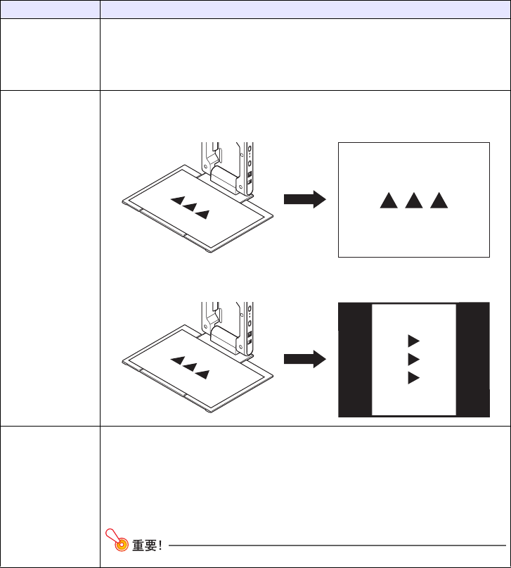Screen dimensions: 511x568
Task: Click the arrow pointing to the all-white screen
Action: (x=305, y=199)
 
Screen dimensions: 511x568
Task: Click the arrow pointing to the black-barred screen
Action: (x=305, y=359)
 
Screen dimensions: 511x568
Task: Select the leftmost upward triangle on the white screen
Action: (x=389, y=201)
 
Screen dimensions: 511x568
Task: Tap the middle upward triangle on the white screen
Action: (x=414, y=201)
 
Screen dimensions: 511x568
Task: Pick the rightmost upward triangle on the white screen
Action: (x=439, y=201)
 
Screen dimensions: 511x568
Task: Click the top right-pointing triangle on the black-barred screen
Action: (x=414, y=341)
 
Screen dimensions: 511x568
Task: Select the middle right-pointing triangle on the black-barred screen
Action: (x=414, y=360)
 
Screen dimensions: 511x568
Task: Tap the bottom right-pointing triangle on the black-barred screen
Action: (x=414, y=378)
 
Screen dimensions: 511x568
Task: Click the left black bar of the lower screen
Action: (x=355, y=360)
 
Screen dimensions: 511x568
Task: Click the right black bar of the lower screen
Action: (x=472, y=360)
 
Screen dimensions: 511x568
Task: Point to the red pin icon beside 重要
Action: (x=117, y=540)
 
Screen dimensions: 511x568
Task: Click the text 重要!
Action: (x=147, y=545)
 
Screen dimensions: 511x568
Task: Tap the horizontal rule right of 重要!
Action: (x=337, y=545)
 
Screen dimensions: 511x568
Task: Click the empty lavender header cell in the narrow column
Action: (x=51, y=10)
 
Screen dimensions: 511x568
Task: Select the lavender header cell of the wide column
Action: (x=305, y=10)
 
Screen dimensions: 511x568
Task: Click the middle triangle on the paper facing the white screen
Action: (x=190, y=208)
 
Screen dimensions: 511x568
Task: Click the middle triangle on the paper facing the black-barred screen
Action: (x=190, y=367)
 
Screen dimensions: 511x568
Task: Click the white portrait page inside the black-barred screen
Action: (x=414, y=360)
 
